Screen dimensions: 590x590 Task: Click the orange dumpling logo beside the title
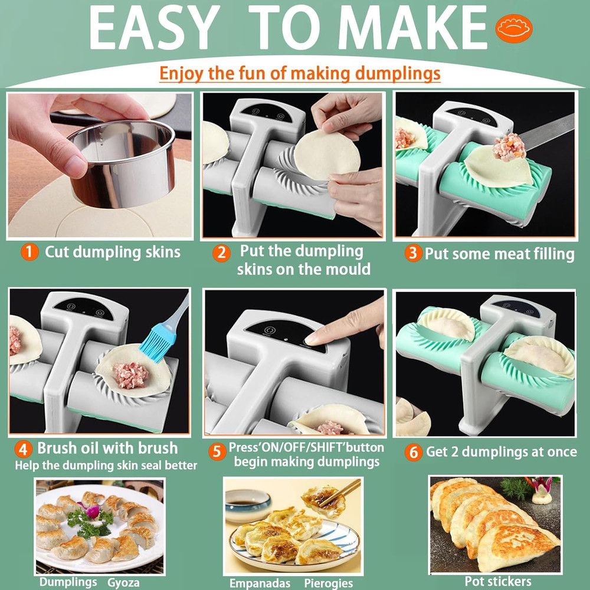[x=514, y=28]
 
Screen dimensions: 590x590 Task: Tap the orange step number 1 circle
[x=29, y=253]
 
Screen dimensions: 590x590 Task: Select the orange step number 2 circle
[x=221, y=253]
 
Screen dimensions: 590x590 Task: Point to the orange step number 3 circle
[x=414, y=254]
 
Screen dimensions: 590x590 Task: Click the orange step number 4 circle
[x=24, y=449]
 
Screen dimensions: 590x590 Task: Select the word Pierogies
[x=329, y=583]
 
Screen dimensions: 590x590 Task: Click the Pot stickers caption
[x=497, y=581]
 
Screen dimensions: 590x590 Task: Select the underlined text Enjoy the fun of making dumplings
[x=300, y=73]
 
